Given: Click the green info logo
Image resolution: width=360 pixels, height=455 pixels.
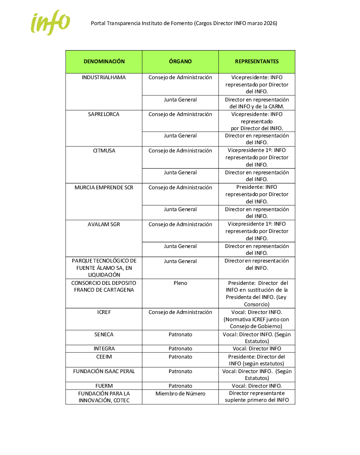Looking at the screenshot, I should (x=50, y=23).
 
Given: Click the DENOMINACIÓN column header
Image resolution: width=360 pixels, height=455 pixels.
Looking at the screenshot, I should (x=104, y=61).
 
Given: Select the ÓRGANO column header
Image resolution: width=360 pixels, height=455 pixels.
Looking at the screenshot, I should (x=180, y=61).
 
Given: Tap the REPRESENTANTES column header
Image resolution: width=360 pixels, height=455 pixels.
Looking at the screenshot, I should (x=257, y=61).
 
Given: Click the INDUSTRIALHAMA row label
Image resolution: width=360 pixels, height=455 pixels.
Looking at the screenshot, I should (x=104, y=77).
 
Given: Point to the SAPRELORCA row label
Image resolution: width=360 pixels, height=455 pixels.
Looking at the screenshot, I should (x=104, y=114).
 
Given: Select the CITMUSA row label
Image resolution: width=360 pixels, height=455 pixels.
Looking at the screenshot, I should (x=104, y=151).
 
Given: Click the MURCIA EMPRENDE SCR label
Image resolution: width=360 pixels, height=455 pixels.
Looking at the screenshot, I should (x=104, y=187).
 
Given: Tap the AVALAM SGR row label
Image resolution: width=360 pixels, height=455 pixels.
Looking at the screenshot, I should (x=104, y=224).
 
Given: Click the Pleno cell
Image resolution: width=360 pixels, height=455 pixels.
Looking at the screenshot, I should (x=180, y=283).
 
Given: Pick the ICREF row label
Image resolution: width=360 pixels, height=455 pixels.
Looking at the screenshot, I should (x=104, y=312).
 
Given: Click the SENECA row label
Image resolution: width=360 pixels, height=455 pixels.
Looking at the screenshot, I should (x=104, y=334).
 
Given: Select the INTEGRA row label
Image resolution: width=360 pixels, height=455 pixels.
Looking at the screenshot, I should (x=104, y=349).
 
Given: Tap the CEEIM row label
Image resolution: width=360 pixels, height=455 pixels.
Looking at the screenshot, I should (x=104, y=356).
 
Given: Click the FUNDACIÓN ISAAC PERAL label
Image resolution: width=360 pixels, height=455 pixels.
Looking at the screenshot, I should (x=104, y=371).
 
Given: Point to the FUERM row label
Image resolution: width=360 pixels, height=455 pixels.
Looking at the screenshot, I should (x=104, y=386).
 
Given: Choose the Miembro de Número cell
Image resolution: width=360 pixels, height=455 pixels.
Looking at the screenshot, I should (x=180, y=394).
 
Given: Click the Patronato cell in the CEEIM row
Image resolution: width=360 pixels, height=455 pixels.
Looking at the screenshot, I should (x=180, y=356).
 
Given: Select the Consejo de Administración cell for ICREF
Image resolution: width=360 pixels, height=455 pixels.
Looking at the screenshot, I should (x=180, y=312).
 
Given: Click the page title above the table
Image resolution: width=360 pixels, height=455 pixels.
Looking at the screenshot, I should (x=184, y=23).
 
